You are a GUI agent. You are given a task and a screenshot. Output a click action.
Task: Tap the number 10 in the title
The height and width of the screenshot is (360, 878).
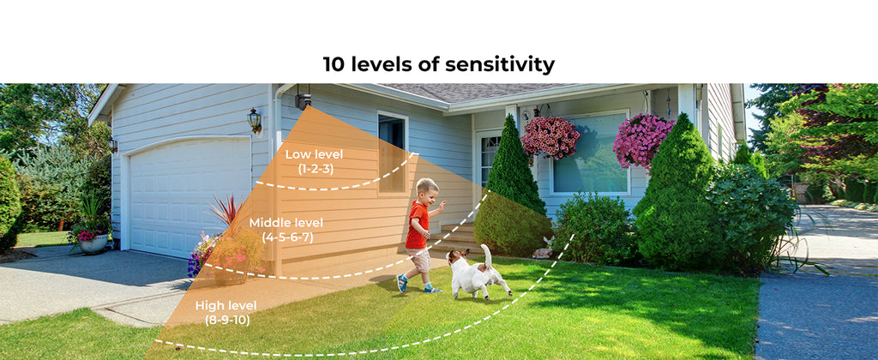point(334,64)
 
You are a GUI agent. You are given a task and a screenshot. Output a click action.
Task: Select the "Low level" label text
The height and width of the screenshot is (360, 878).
point(314,154)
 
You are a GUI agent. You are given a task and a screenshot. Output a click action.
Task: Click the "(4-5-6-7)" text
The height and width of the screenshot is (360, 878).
point(287,237)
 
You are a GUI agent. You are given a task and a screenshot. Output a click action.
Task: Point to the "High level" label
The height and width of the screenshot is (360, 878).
point(226,306)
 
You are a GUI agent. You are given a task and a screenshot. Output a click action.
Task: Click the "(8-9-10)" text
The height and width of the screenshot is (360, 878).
point(227,321)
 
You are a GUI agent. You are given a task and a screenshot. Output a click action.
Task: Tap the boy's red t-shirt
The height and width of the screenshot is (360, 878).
point(417,225)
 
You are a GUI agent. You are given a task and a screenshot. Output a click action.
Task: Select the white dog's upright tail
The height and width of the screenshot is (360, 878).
point(487,256)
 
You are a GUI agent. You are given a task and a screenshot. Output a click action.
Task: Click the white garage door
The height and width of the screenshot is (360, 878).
point(189,195)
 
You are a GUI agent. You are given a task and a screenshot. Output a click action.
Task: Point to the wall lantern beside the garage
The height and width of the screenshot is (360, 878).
point(255,120)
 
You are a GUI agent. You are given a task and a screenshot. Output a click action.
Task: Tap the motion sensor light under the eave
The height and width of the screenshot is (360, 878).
point(303,99)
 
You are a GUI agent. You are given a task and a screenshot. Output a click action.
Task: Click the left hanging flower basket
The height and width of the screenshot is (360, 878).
point(550,138)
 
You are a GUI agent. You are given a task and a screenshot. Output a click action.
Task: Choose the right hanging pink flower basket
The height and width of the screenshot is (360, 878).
point(642,139)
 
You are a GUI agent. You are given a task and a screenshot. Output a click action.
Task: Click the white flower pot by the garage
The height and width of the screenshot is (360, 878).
point(93,243)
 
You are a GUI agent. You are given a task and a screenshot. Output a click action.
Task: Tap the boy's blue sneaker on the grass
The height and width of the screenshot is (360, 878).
point(402,284)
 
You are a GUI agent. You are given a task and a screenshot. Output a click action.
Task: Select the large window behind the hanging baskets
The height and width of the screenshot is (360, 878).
point(590,153)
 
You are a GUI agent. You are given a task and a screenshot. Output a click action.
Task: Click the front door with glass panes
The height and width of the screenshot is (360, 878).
point(488,162)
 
